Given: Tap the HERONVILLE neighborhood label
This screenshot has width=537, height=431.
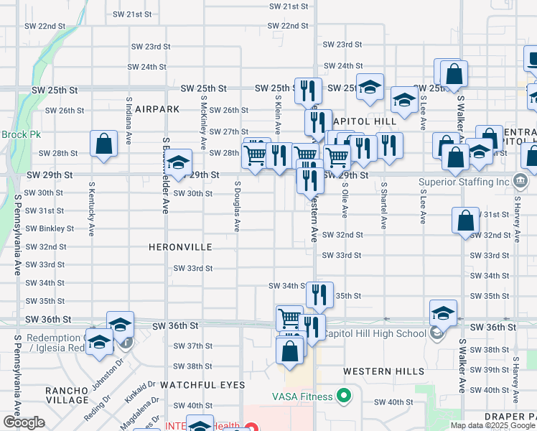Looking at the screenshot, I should coord(180,247).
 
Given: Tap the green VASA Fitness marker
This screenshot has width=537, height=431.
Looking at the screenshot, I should coord(344,396).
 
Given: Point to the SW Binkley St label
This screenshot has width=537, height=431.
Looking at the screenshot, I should coord(50,228).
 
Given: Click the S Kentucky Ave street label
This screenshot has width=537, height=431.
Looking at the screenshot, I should coord(92,208).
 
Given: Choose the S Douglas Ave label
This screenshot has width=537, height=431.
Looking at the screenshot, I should coord(236,205).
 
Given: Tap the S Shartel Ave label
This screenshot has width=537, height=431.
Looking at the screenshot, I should coord(383,205).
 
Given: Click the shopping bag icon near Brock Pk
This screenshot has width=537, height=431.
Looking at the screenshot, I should coord(104,144).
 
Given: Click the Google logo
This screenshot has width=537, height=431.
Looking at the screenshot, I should coord(24,422).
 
